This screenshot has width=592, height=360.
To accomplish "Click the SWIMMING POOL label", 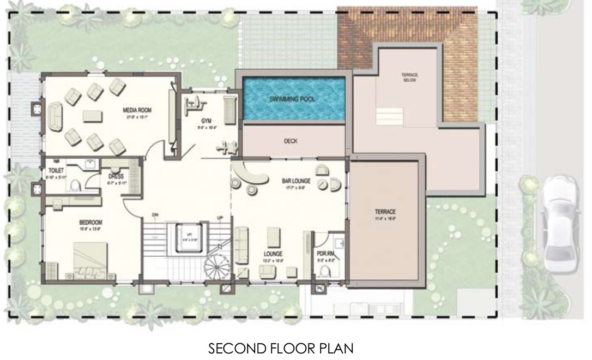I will coord(292,100).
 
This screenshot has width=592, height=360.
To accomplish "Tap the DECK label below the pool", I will coord(291,141).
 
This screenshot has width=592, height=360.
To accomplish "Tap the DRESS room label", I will coord(116,177).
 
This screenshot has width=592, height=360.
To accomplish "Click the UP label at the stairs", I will coord(220,218).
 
